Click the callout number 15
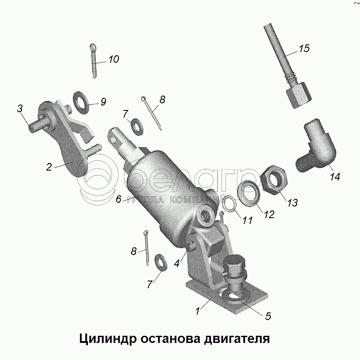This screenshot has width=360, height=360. tap(304, 48)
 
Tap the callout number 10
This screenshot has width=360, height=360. tap(114, 59)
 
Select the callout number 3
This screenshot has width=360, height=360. tap(20, 108)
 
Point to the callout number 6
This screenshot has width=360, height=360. tap(118, 199)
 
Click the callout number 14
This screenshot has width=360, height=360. tap(335, 176)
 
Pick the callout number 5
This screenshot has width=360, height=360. tap(268, 316)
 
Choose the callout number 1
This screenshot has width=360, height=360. tap(198, 311)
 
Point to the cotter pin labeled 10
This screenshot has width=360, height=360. tap(94, 61)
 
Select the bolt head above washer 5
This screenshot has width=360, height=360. tap(235, 262)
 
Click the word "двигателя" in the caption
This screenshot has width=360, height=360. tap(237, 338)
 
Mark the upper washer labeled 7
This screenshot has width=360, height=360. tap(136, 127)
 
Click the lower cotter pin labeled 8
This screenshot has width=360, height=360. tap(146, 248)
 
